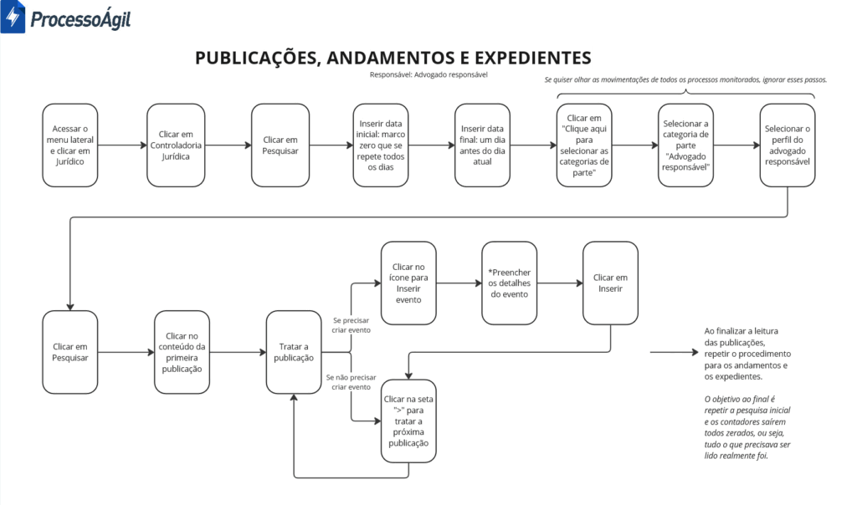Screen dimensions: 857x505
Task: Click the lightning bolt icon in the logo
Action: (13, 17)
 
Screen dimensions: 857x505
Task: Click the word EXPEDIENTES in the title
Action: (532, 58)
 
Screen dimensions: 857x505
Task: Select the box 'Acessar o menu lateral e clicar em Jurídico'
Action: (70, 145)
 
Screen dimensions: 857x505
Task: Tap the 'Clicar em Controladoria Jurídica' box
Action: (176, 145)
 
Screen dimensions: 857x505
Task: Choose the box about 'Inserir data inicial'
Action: (381, 145)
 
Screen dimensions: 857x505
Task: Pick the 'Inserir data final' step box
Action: (482, 145)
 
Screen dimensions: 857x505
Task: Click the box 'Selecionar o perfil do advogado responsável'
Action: (787, 145)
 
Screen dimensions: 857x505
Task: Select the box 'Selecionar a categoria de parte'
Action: (685, 145)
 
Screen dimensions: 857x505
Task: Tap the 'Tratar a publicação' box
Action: (294, 352)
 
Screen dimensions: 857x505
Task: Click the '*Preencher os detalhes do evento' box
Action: (509, 283)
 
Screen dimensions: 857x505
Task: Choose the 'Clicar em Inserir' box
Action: (610, 283)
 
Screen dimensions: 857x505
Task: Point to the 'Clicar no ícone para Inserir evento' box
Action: (408, 283)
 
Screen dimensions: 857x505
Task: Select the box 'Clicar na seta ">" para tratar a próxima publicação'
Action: (408, 421)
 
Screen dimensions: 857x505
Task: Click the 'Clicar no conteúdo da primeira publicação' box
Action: (182, 352)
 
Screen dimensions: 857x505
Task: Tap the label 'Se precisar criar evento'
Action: (351, 325)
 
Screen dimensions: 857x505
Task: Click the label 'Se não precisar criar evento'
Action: (351, 382)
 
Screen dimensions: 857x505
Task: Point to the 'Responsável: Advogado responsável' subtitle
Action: (428, 74)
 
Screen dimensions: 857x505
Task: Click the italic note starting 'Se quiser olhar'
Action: (685, 79)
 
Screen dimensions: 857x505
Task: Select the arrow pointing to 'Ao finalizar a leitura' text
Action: (675, 352)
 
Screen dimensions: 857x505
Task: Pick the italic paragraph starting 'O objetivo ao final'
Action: (747, 427)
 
